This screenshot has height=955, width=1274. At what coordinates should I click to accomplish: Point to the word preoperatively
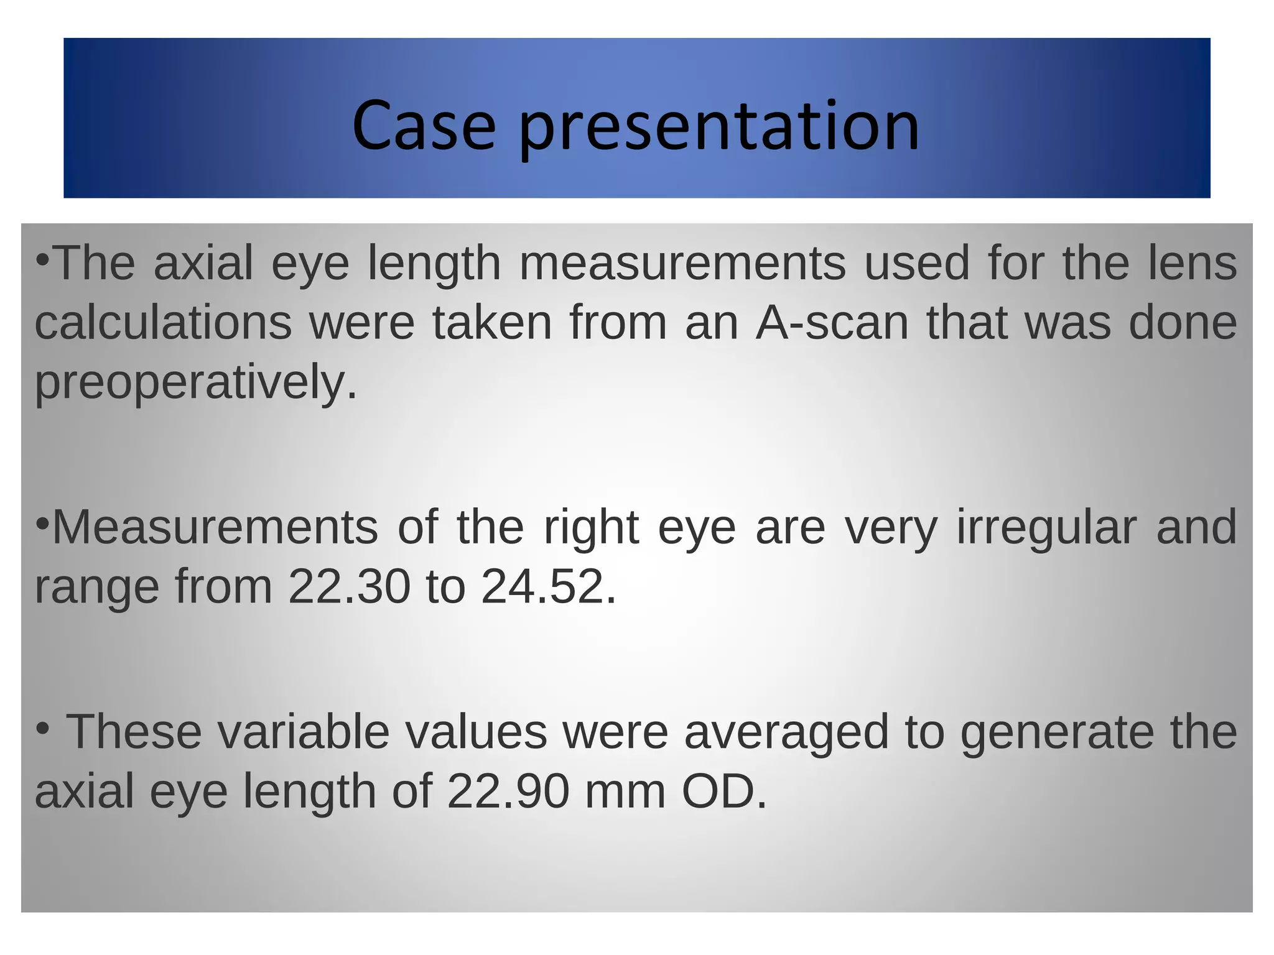(195, 383)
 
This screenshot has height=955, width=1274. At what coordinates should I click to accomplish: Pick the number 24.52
(542, 586)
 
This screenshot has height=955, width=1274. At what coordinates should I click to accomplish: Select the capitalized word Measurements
(215, 527)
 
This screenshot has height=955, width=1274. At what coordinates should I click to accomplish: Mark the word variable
(304, 732)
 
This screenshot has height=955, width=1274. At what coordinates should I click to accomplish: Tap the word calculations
(163, 323)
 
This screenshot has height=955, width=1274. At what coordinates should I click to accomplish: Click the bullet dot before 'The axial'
(42, 258)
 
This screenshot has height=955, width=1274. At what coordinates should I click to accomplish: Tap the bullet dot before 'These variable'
(42, 727)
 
